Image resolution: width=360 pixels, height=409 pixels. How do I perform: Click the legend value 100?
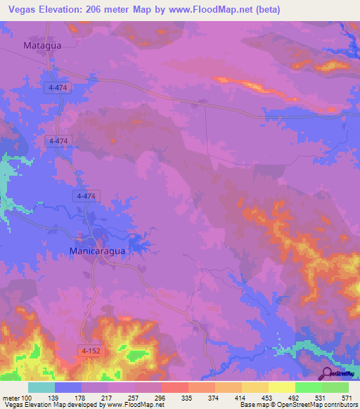(27, 397)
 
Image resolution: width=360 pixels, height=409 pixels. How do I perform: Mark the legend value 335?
(188, 397)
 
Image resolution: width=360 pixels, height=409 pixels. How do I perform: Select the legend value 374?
(215, 397)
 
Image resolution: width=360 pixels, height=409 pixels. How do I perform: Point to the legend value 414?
(242, 397)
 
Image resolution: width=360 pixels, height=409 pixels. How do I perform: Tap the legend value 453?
(269, 397)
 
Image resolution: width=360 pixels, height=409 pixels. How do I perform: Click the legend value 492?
(295, 397)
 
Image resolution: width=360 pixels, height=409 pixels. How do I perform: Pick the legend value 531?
(322, 397)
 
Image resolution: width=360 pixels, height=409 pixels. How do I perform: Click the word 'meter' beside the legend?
(8, 397)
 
